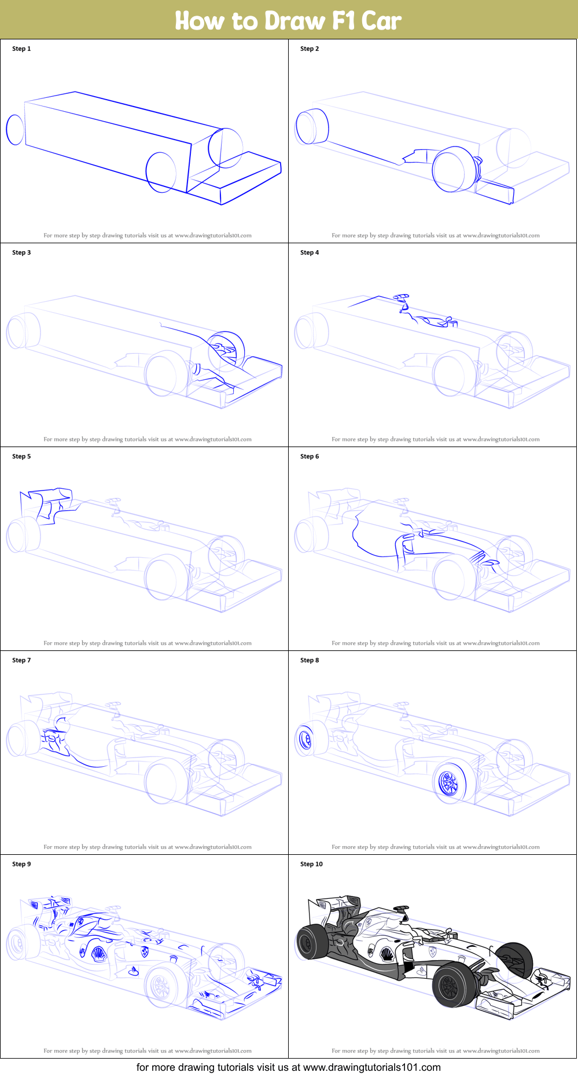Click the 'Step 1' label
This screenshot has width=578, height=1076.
[x=21, y=49]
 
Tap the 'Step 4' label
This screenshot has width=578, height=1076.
[x=310, y=252]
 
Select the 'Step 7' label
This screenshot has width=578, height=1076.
[x=21, y=660]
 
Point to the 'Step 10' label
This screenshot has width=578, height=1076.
[x=311, y=864]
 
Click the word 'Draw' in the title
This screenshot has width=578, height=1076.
[x=294, y=21]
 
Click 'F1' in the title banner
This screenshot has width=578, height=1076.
[x=343, y=21]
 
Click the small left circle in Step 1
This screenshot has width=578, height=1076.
[x=15, y=129]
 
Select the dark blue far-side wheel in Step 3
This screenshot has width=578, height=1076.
[x=227, y=350]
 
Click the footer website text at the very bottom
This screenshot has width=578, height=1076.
[x=288, y=1067]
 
